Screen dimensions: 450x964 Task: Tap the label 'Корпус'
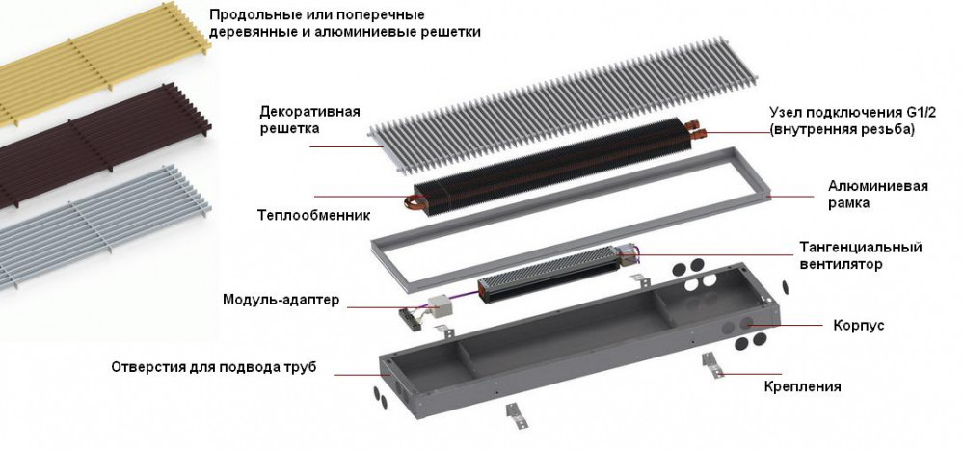point(858,327)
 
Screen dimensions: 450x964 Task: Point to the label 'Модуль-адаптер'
point(281,300)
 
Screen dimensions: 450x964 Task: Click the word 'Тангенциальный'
point(861,247)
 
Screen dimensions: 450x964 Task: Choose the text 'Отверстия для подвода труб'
point(213,367)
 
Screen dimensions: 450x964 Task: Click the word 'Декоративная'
point(309,111)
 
